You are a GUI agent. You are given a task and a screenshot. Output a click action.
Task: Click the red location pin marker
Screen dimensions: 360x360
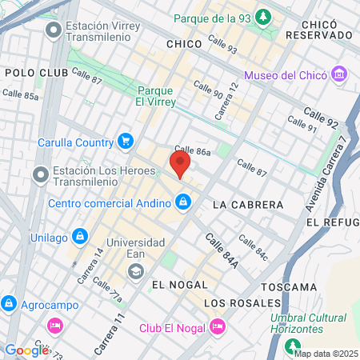pos(180,165)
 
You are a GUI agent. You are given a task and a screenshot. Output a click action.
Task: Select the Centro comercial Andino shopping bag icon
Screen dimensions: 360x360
pos(184,202)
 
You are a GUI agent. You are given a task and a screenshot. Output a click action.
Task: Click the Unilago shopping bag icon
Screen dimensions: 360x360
pos(80,236)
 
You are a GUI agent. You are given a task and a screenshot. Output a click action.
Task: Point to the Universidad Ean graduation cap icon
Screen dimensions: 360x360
pos(136,271)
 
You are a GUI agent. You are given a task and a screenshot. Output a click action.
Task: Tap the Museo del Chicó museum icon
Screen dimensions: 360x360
pos(341,75)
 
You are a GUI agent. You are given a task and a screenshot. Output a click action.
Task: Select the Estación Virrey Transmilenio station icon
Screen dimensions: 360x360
pos(54,30)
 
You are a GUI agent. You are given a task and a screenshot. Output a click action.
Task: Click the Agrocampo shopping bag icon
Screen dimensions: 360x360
pos(9,304)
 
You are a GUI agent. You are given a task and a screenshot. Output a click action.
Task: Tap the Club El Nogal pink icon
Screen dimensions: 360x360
pos(217,326)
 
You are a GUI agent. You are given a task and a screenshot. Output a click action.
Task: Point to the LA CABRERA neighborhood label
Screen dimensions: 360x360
pos(248,205)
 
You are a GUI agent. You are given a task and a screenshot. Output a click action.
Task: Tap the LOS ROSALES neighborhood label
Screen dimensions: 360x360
pos(242,303)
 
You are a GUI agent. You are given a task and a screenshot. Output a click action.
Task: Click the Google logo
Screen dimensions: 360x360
pos(26,350)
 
